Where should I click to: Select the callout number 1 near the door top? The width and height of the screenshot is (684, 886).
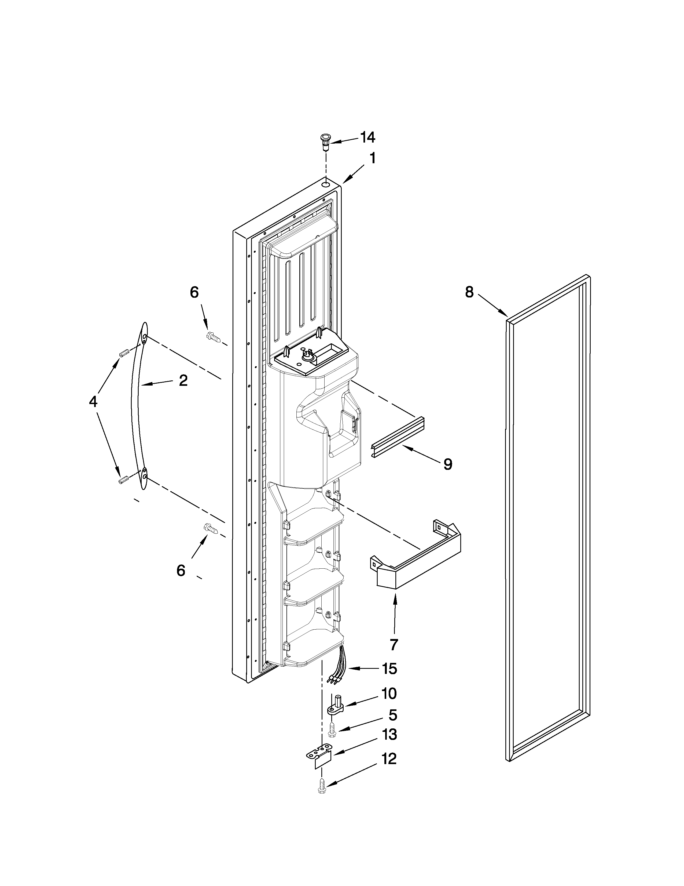point(372,158)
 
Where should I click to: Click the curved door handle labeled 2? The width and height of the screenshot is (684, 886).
point(136,406)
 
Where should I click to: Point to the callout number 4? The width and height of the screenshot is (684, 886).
point(93,402)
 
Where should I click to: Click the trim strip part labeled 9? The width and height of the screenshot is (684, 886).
point(397,438)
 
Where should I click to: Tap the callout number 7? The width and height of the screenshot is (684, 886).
point(394,644)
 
